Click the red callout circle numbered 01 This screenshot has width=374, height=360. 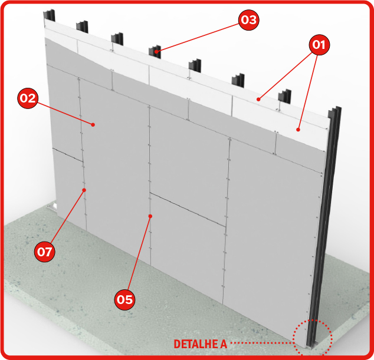click(x=319, y=45)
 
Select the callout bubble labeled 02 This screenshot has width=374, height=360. click(x=28, y=98)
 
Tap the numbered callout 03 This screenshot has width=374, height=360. click(x=249, y=20)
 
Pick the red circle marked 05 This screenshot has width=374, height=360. click(x=124, y=299)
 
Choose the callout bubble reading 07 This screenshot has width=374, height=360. click(x=45, y=252)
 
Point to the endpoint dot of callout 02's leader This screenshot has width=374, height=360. click(x=93, y=124)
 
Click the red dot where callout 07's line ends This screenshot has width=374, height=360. click(x=84, y=190)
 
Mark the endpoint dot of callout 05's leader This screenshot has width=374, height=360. click(x=150, y=216)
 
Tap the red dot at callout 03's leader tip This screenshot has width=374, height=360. click(x=156, y=51)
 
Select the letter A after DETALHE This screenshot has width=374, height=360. click(x=224, y=344)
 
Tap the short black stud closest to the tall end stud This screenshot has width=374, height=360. click(x=284, y=96)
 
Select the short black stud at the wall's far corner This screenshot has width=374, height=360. click(x=49, y=15)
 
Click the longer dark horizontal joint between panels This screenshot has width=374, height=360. click(x=188, y=209)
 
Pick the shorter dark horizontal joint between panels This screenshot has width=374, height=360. click(x=68, y=155)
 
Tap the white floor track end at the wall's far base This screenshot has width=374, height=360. click(x=52, y=206)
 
